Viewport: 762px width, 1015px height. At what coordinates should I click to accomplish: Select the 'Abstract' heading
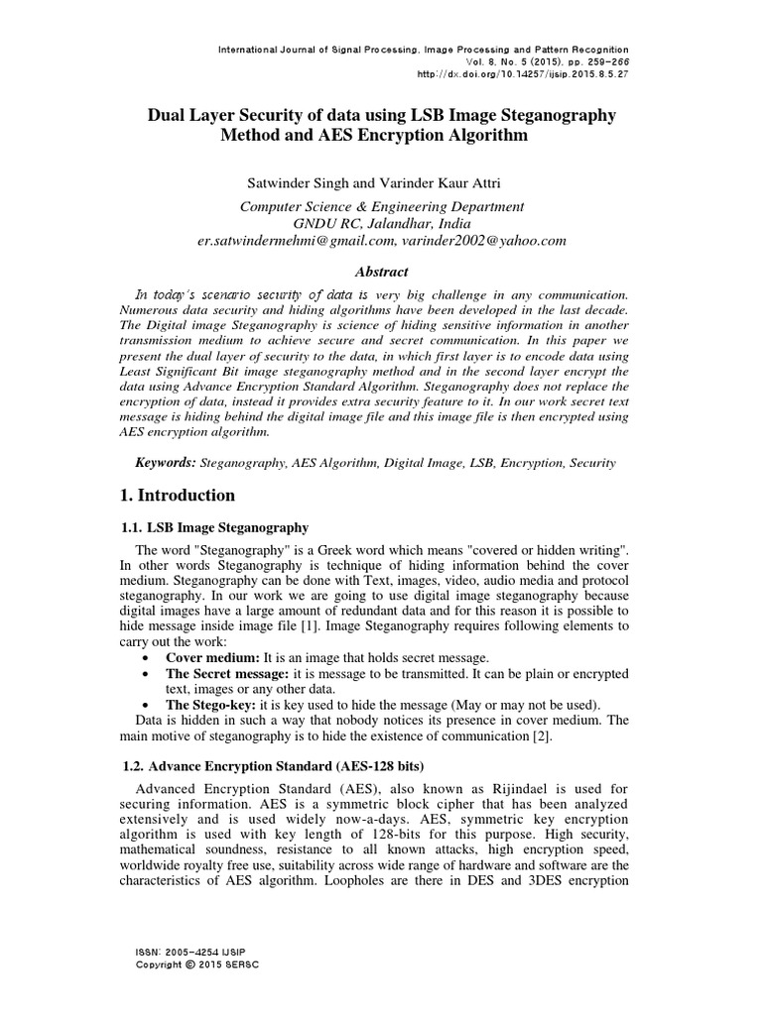(381, 272)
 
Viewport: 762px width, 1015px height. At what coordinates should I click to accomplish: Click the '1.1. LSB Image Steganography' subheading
(213, 527)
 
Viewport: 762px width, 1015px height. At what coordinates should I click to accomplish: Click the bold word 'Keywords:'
(166, 463)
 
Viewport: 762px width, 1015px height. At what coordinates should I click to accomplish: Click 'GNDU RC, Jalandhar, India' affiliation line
(382, 223)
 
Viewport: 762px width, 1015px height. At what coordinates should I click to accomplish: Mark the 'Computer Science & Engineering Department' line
(382, 206)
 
